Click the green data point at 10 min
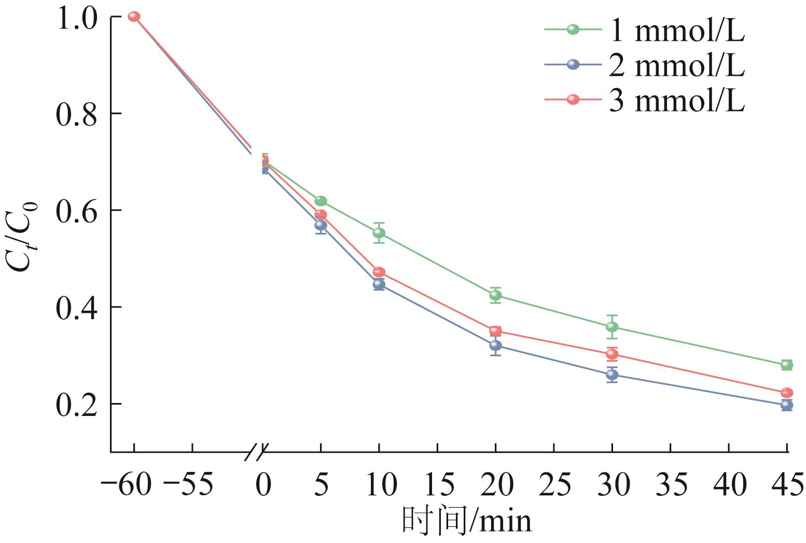click(x=379, y=233)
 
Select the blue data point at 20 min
click(x=495, y=345)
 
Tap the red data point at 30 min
click(x=612, y=354)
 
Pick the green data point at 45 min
click(x=787, y=365)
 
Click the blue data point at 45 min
click(x=787, y=405)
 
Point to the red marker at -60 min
click(x=134, y=17)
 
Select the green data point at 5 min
click(x=321, y=201)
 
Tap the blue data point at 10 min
click(x=379, y=284)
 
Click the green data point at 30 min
click(x=612, y=327)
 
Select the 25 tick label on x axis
click(x=554, y=485)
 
